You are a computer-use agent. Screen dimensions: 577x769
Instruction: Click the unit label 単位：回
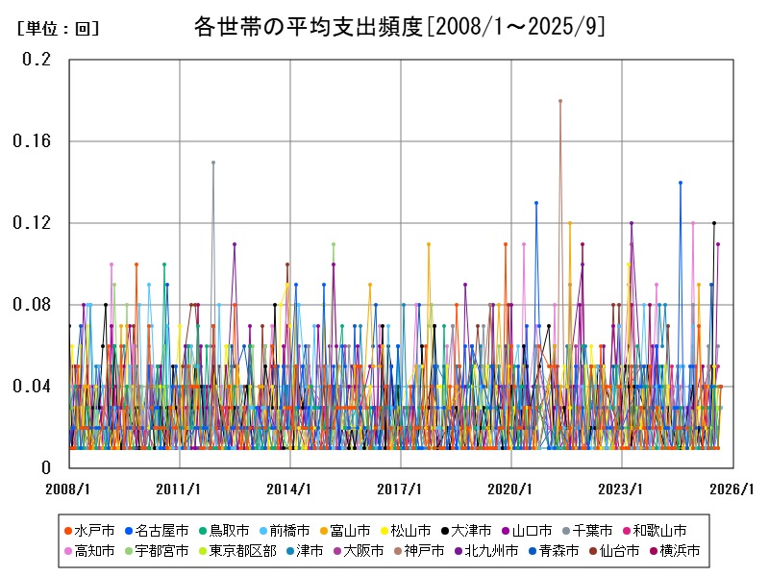pyautogui.click(x=58, y=29)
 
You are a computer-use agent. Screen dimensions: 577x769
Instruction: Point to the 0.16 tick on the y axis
pyautogui.click(x=32, y=141)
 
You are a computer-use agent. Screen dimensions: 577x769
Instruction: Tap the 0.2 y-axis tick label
pyautogui.click(x=37, y=60)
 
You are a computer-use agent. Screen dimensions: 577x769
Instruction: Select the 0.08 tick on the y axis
pyautogui.click(x=32, y=305)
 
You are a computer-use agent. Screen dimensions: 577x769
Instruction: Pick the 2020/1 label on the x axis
pyautogui.click(x=511, y=489)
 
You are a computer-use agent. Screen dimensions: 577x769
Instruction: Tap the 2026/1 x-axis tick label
pyautogui.click(x=732, y=489)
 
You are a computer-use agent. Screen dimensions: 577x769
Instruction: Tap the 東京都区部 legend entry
pyautogui.click(x=244, y=551)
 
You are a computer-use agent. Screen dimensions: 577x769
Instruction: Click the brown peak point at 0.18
pyautogui.click(x=559, y=101)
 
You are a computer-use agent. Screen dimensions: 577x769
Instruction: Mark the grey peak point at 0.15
pyautogui.click(x=213, y=163)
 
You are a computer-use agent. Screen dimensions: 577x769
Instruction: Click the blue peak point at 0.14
pyautogui.click(x=680, y=183)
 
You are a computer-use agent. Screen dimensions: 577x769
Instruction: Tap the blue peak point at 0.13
pyautogui.click(x=536, y=203)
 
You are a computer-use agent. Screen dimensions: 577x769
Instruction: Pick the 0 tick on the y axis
pyautogui.click(x=45, y=468)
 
